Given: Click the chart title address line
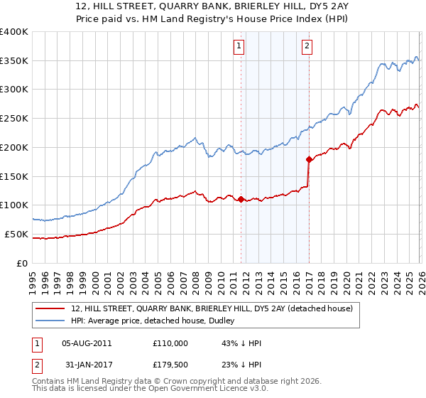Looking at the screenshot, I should coord(213,6).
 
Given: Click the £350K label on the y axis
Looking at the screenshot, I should coord(14,61).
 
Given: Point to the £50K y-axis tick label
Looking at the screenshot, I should coord(16,234).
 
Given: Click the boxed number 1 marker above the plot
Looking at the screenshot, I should coord(239,47).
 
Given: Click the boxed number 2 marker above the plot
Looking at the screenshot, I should coord(307,47).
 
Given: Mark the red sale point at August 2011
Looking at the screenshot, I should coord(241,199).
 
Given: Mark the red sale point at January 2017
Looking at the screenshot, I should coord(309,159).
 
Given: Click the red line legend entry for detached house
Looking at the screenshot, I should coord(217,308).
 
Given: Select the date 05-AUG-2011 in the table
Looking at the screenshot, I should coord(87,343).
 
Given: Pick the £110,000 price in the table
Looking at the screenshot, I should coord(170,343).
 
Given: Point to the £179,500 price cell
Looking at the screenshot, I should coord(170,365).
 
